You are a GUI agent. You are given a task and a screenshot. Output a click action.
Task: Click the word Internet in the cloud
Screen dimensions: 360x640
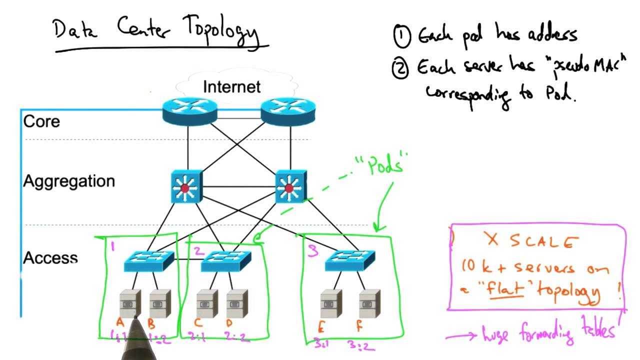click(x=231, y=86)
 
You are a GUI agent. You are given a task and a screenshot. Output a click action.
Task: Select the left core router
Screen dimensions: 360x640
click(x=190, y=111)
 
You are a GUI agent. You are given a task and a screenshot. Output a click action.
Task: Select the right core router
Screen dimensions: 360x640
click(x=288, y=111)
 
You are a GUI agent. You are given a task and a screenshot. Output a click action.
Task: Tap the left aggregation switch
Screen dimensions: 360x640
click(x=186, y=187)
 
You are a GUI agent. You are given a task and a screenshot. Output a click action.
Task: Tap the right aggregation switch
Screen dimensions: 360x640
click(x=290, y=187)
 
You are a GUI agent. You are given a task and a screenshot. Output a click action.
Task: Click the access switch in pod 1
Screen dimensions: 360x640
click(x=149, y=260)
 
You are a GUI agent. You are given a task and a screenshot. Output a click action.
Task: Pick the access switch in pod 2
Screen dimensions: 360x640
click(x=226, y=260)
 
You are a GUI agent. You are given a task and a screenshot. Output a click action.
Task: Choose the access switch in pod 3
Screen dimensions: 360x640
click(x=349, y=260)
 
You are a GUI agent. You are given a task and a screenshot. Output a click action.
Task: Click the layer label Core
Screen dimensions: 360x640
click(x=41, y=121)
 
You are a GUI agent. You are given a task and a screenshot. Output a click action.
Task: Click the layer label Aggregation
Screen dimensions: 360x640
click(x=69, y=181)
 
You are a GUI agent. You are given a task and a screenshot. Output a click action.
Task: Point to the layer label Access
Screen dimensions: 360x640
click(x=50, y=258)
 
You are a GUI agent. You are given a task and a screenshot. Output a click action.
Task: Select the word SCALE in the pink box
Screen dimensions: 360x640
click(x=541, y=242)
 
